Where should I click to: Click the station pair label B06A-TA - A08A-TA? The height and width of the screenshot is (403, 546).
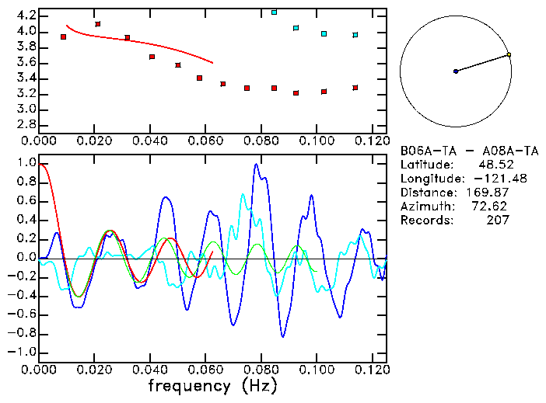pos(469,150)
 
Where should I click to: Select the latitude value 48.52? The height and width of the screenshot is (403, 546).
pos(492,164)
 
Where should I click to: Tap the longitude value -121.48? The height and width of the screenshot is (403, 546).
pos(488,178)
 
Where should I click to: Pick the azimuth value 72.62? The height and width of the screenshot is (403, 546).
pos(492,206)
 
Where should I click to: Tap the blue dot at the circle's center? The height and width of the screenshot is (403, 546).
pos(456,71)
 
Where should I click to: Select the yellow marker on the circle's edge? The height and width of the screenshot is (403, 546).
pos(508,54)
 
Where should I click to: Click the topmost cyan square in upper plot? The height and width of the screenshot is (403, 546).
pos(274,12)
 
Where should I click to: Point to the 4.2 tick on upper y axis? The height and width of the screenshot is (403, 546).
pos(26,16)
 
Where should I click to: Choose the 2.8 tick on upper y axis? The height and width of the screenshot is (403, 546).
pos(26,125)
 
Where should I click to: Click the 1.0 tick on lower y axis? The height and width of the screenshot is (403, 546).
pos(26,163)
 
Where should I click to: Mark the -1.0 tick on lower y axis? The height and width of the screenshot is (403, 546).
pos(23,352)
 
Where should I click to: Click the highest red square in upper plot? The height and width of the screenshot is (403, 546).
pos(97,24)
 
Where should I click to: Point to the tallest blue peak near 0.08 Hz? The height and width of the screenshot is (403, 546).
pos(256,165)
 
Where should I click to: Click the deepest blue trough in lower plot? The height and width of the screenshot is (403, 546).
pos(283,335)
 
